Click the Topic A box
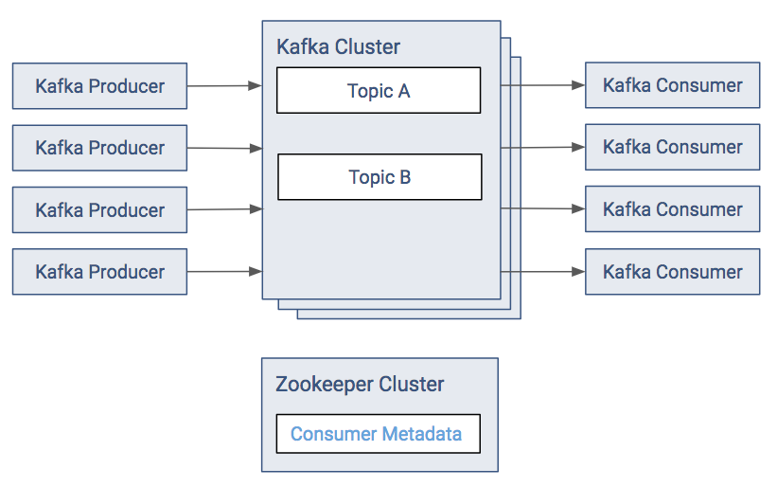tap(379, 91)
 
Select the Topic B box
tap(380, 177)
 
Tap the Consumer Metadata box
tap(378, 434)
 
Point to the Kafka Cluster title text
tap(338, 47)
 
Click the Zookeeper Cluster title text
tap(360, 385)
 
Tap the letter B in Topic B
tap(404, 177)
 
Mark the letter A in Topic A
tap(404, 91)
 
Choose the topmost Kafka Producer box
tap(99, 86)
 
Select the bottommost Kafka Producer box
tap(99, 272)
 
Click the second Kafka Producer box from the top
tap(99, 148)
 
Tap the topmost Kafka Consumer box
tap(672, 85)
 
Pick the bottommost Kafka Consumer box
tap(672, 272)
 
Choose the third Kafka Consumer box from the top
tap(672, 209)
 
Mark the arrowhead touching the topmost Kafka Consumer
tap(578, 85)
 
